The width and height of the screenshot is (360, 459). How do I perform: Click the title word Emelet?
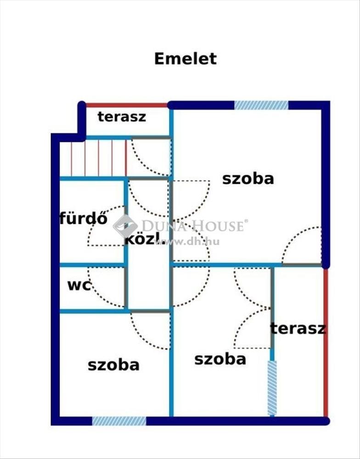tap(185, 59)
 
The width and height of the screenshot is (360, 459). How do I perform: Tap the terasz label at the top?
tap(122, 117)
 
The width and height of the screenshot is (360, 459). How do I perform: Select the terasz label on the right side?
tap(298, 328)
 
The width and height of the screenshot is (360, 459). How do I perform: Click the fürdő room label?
tap(83, 218)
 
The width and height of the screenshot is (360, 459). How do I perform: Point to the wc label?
tap(79, 285)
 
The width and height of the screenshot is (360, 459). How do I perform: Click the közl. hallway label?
tap(142, 238)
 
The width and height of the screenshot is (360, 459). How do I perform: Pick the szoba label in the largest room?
tap(248, 179)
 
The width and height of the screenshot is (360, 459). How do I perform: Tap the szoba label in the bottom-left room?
tap(113, 365)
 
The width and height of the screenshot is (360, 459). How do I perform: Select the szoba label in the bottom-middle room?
tap(220, 358)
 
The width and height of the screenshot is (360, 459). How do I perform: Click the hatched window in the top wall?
tap(261, 105)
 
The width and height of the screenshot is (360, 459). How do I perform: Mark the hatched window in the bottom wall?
tap(119, 421)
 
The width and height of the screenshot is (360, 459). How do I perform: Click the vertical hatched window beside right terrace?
tap(272, 388)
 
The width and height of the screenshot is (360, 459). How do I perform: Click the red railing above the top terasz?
tap(127, 105)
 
